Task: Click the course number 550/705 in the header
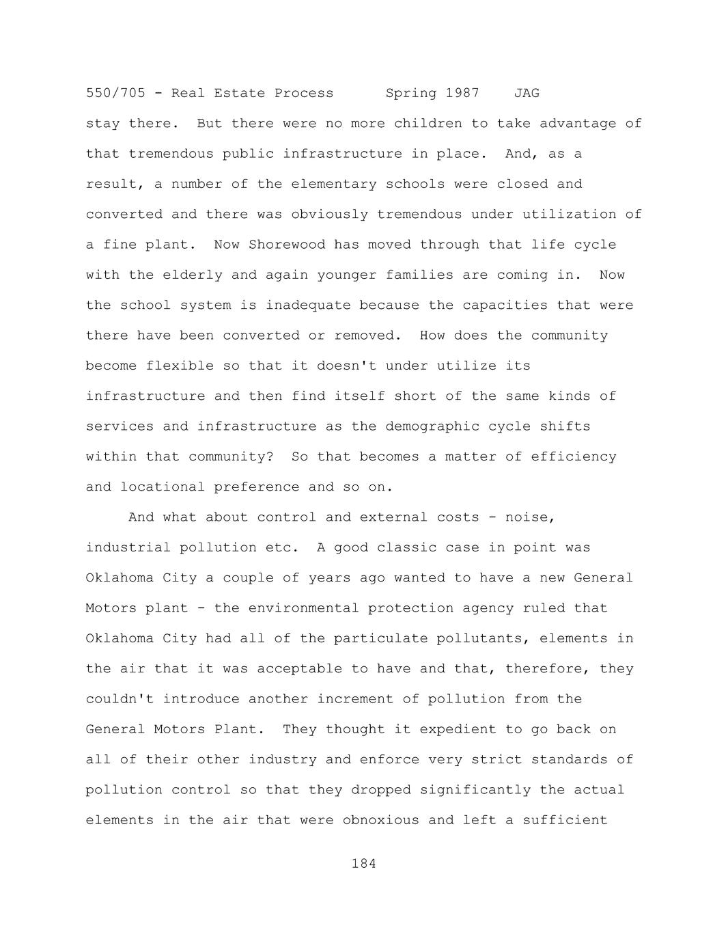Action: coord(115,93)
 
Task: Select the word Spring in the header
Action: coord(411,93)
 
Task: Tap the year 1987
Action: coord(462,93)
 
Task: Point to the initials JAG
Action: coord(527,93)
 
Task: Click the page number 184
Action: coord(364,864)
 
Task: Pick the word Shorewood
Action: coord(287,245)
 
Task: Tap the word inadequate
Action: coord(308,305)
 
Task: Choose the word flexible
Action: coord(180,366)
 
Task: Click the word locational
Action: coord(163,487)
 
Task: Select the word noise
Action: coord(530,517)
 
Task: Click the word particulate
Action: coord(377,638)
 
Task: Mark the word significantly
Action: coord(475,790)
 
